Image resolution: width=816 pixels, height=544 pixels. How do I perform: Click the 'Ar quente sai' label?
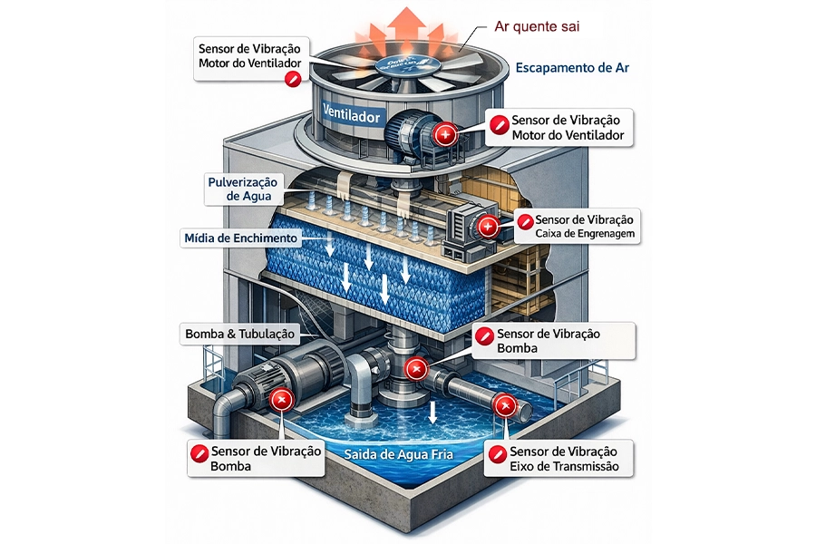click(x=537, y=27)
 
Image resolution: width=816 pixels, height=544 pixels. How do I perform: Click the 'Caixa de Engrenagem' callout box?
click(x=578, y=227)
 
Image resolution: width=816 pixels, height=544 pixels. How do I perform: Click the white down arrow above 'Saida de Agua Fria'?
click(x=433, y=412)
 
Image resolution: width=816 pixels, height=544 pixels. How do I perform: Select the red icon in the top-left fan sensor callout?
click(x=292, y=80)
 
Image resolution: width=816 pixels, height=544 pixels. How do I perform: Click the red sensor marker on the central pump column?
click(x=415, y=368)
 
